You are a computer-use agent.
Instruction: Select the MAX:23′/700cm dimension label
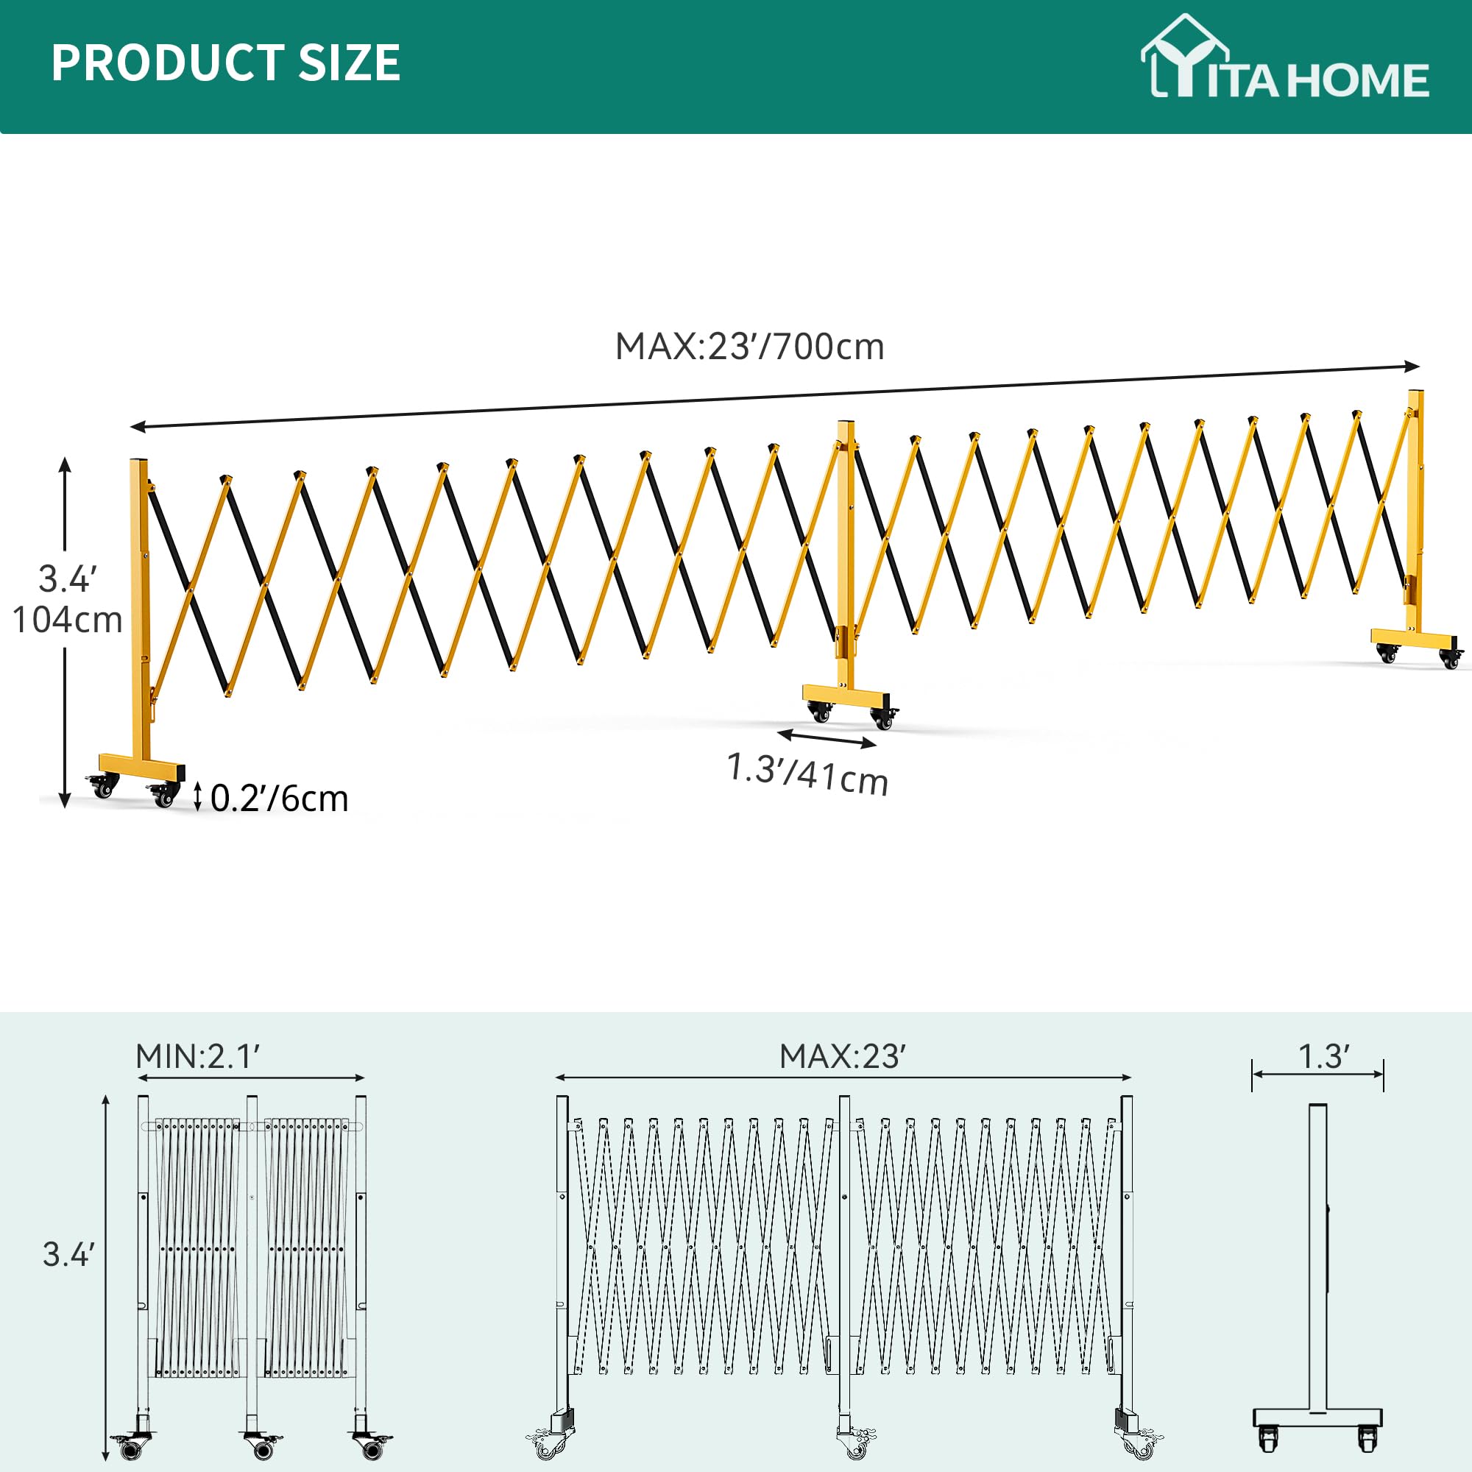[749, 347]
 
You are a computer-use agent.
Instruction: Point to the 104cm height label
[67, 620]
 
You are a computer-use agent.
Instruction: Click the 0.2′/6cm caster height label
[279, 799]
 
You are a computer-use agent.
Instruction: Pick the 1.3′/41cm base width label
[807, 774]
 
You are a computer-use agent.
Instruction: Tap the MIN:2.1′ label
[198, 1057]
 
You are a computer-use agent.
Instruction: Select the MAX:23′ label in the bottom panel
[842, 1057]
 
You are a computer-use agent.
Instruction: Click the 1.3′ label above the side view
[1323, 1057]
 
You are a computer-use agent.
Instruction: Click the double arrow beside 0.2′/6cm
[197, 796]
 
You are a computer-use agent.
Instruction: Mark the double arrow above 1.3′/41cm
[827, 737]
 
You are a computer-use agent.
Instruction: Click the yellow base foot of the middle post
[846, 696]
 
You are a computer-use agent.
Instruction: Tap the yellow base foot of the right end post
[1414, 640]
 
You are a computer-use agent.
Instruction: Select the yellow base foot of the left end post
[142, 766]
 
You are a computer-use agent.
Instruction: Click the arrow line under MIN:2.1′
[252, 1078]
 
